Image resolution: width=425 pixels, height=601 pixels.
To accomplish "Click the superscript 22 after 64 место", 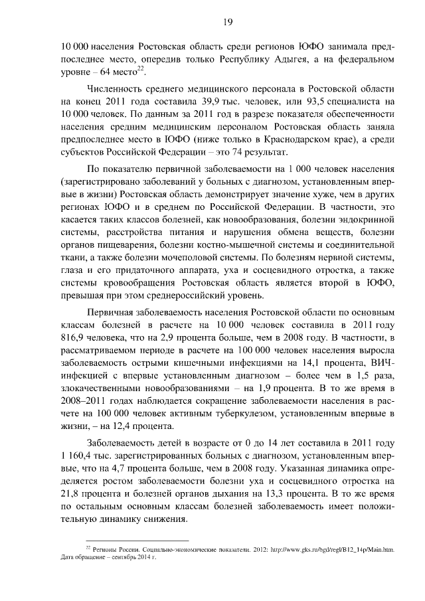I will pyautogui.click(x=149, y=70).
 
